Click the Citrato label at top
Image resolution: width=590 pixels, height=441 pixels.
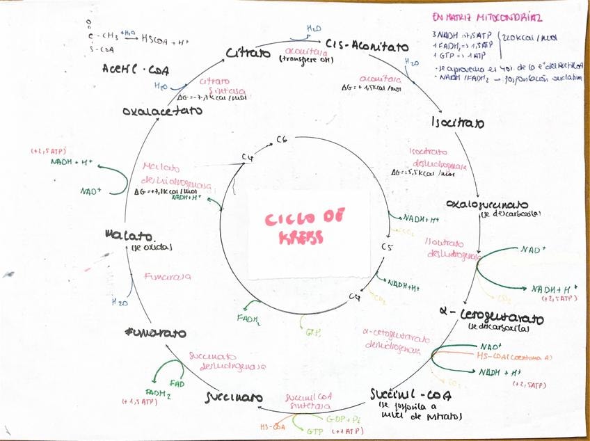point(248,53)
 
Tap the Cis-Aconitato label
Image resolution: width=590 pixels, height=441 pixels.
point(367,46)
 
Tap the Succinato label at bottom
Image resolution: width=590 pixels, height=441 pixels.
point(234,397)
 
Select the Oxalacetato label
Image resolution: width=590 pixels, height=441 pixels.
point(162,111)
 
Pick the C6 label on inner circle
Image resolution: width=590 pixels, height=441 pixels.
point(282,140)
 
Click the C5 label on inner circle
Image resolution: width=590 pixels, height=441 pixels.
point(388,247)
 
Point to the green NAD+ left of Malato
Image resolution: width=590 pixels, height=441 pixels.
point(91,191)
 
